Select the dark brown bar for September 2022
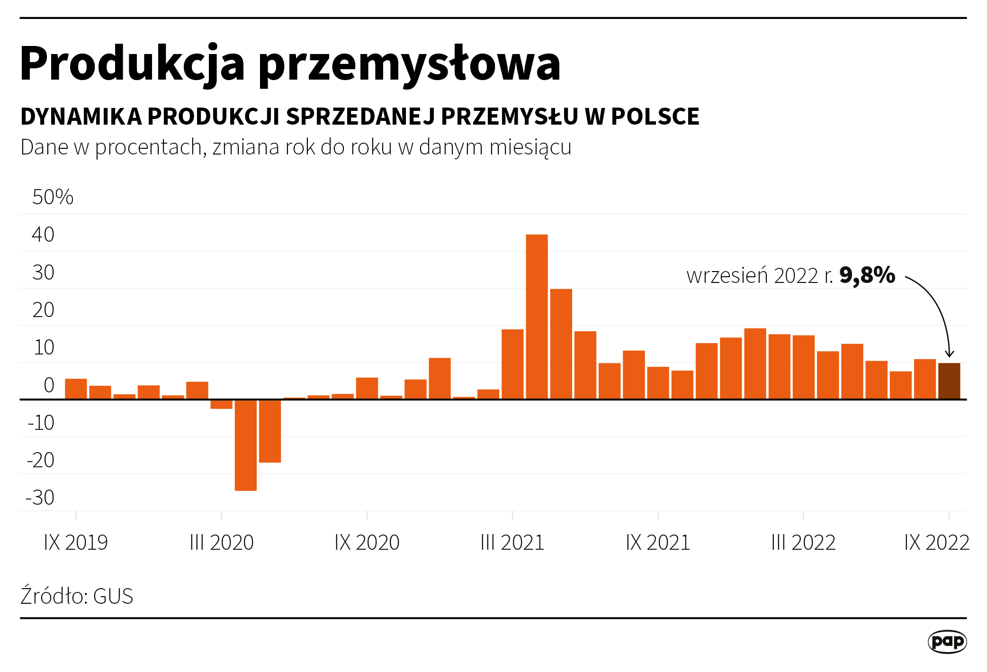coord(949,381)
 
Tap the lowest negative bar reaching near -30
coord(245,445)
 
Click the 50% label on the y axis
coord(53,197)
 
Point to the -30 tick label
coord(40,498)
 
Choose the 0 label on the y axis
coord(49,385)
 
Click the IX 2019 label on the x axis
coord(76,543)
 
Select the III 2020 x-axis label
coord(222,543)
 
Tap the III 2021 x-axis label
coord(512,543)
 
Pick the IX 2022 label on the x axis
coord(936,543)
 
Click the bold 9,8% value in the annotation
coord(867,276)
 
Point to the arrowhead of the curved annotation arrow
coord(949,354)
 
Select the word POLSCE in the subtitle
coord(655,117)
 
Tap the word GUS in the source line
coord(113,596)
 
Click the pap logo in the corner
coord(947,642)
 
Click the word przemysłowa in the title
coord(409,64)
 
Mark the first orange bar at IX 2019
coord(76,389)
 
